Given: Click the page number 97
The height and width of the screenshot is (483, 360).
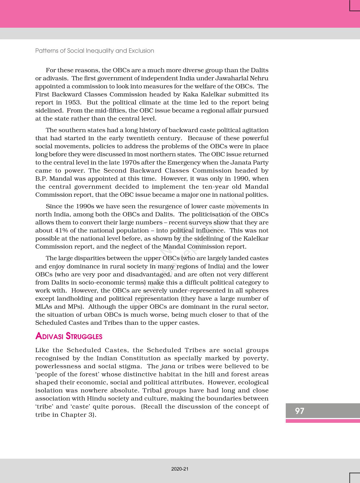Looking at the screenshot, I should click(300, 411).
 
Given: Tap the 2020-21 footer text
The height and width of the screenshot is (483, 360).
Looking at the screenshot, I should click(180, 469).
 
